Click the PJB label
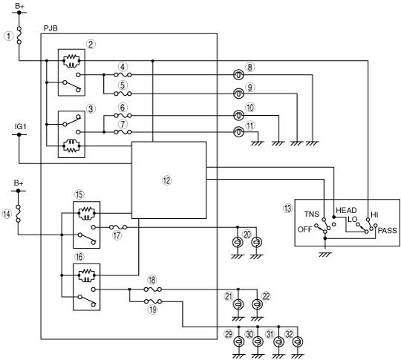click(50, 28)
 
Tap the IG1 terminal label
click(21, 127)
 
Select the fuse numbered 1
click(19, 36)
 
